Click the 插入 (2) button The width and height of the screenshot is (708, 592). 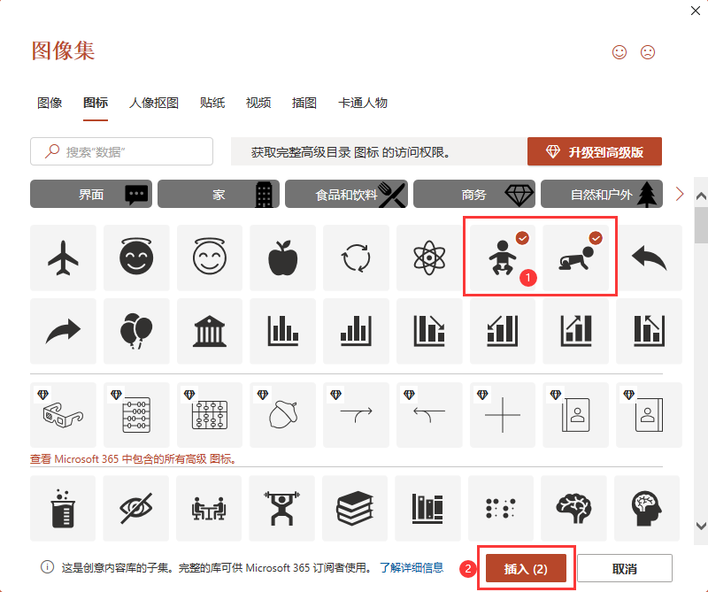coord(526,568)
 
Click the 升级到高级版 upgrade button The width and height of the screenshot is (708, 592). coord(594,151)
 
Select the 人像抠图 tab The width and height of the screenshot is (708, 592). coord(154,103)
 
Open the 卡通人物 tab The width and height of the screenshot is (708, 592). coord(363,103)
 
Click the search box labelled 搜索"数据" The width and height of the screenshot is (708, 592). coord(121,151)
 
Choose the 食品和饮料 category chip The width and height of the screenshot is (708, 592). coord(346,194)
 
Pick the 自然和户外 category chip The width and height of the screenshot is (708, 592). coord(602,194)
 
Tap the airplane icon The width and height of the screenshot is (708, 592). coord(63,258)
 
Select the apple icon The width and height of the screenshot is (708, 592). coord(283,258)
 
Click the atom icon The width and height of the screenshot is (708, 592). coord(429,258)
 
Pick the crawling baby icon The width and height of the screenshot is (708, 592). coord(576,258)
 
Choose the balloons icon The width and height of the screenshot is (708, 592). coord(136,331)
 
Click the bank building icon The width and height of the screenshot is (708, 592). coord(210,331)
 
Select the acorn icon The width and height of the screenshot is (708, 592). coord(283,414)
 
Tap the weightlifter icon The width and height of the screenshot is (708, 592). coord(281,508)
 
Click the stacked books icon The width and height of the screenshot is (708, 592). coord(355,508)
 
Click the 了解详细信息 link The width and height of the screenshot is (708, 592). coord(412,567)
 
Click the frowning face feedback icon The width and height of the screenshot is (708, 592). coord(648,52)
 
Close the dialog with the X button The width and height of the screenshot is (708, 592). coord(696,11)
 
